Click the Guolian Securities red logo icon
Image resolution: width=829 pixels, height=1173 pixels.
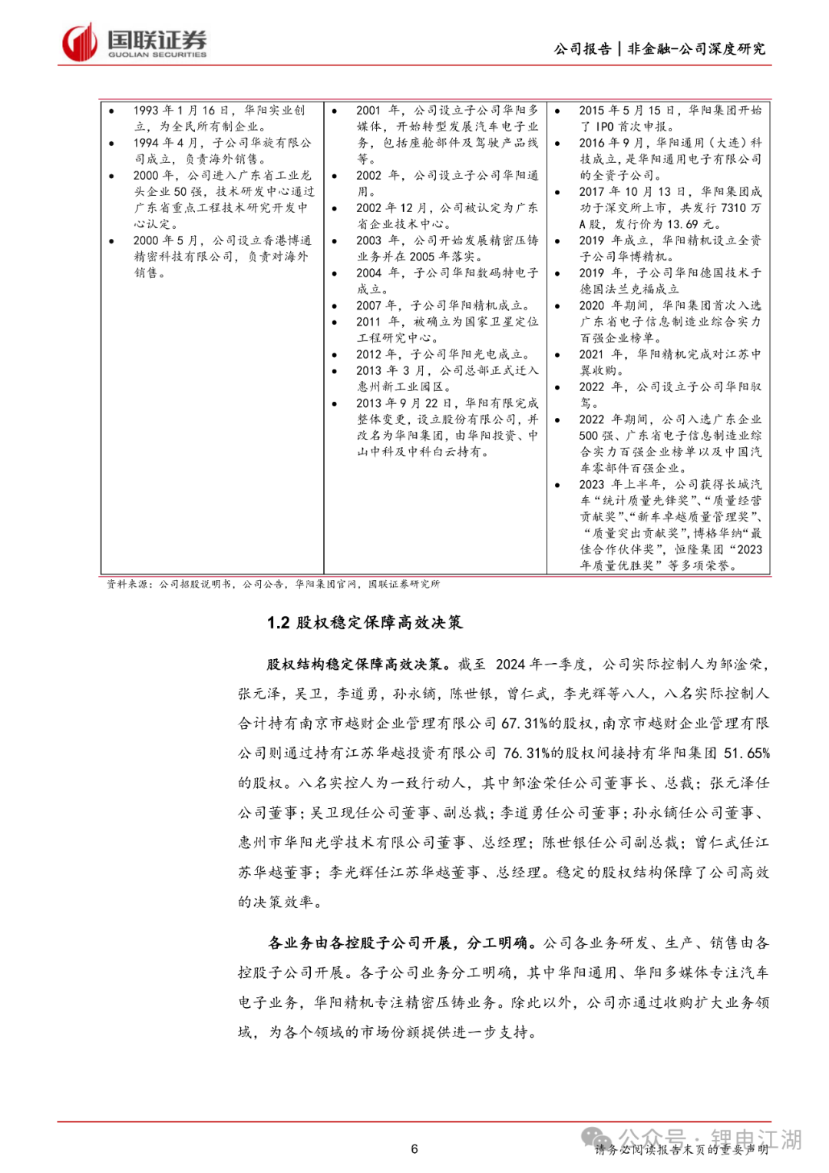tap(80, 42)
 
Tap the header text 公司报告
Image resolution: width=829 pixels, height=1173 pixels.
tap(583, 49)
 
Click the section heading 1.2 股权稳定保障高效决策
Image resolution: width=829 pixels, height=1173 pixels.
tap(365, 622)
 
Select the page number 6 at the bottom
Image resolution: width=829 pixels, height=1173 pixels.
tap(414, 1149)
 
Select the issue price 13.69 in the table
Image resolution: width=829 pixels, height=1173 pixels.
tap(685, 224)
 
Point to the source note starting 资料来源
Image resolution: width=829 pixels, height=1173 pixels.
tap(273, 585)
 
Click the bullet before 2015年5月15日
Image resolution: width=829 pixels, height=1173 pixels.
tap(558, 111)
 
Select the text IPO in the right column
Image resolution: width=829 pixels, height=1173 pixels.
tap(605, 127)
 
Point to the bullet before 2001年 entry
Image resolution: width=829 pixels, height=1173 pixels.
tap(335, 111)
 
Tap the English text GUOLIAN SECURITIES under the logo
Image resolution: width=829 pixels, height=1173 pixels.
tap(157, 55)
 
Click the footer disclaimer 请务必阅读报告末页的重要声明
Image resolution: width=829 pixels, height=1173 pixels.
tap(682, 1150)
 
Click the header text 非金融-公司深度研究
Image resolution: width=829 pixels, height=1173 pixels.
tap(696, 49)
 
